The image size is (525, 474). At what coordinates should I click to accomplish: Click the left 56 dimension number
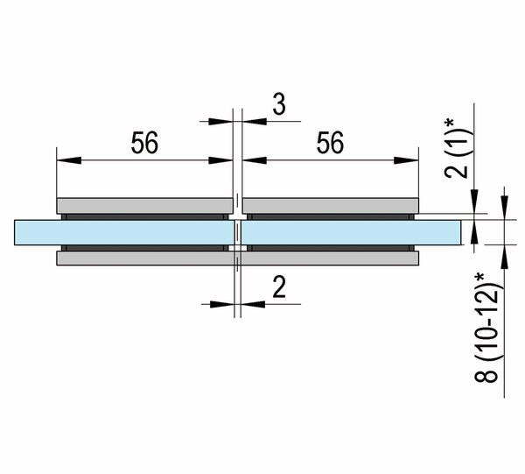(x=144, y=143)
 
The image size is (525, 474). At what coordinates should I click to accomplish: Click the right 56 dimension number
(x=330, y=143)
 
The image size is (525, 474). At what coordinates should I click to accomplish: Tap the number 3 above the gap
(x=279, y=104)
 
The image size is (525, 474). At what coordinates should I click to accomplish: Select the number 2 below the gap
(x=279, y=287)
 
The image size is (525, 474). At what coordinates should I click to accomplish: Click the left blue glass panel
(x=124, y=232)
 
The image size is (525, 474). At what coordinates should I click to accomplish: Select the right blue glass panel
(x=351, y=232)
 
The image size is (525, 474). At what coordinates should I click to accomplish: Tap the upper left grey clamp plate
(x=144, y=206)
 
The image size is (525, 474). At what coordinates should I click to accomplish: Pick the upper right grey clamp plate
(x=331, y=206)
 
